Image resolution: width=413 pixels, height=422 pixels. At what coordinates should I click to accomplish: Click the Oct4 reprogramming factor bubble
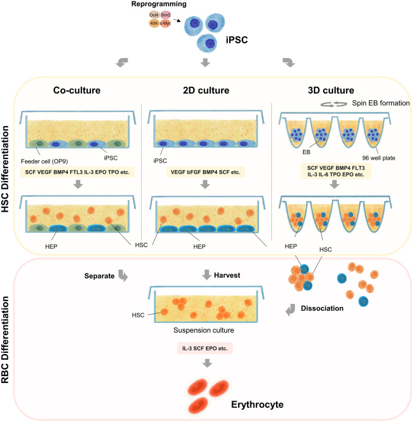pos(155,15)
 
